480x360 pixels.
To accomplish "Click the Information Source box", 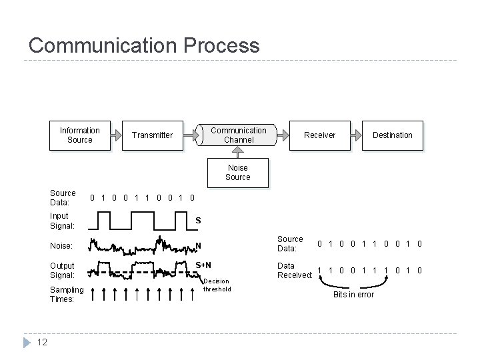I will [79, 135].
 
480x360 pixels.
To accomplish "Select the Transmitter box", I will [152, 135].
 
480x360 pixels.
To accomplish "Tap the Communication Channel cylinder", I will [238, 135].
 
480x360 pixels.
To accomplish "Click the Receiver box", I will [319, 135].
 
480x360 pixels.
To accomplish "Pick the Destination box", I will [392, 135].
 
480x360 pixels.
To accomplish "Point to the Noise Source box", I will [237, 173].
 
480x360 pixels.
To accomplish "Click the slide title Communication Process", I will [144, 45].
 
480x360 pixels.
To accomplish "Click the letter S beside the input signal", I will [198, 221].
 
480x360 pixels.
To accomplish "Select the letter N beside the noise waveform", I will [198, 245].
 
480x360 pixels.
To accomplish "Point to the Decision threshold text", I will [217, 285].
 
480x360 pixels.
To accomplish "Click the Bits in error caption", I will [353, 294].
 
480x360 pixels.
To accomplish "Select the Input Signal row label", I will [63, 221].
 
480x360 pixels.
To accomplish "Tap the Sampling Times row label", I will [67, 294].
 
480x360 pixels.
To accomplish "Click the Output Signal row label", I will [63, 270].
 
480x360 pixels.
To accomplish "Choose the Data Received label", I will [295, 270].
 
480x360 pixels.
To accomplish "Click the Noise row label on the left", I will [61, 246].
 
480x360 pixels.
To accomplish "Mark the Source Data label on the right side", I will [290, 243].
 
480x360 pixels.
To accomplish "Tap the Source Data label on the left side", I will [63, 197].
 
